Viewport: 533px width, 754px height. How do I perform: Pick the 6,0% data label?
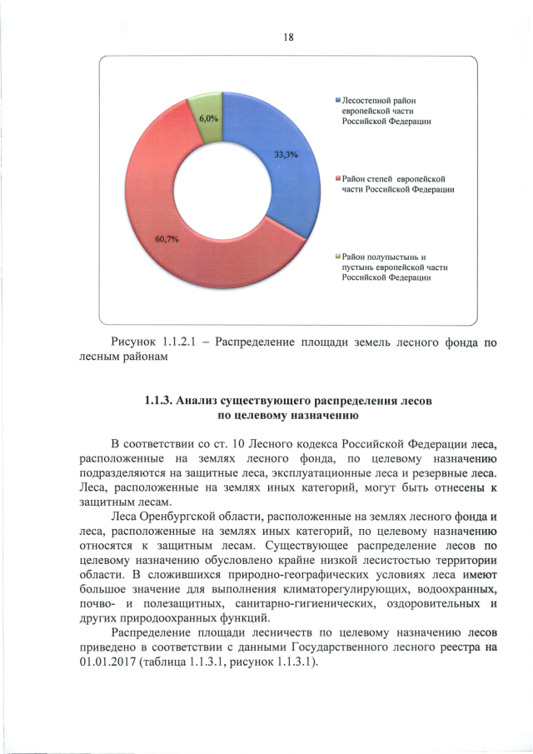[207, 118]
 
